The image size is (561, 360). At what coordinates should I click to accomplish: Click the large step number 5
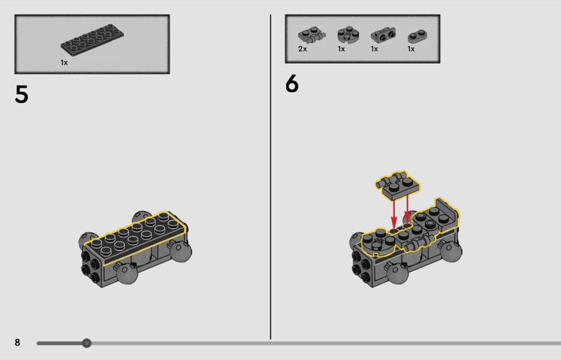(x=22, y=94)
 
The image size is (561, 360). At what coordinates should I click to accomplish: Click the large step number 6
(x=292, y=83)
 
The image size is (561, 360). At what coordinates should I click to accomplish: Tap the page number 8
(x=17, y=342)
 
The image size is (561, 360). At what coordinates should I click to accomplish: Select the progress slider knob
(x=86, y=343)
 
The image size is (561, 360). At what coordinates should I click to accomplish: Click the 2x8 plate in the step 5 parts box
(x=93, y=40)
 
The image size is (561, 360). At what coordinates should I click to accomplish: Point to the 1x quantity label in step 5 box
(x=64, y=62)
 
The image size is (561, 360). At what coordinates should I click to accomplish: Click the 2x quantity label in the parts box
(x=302, y=48)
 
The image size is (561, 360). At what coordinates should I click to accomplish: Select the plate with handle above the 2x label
(x=311, y=35)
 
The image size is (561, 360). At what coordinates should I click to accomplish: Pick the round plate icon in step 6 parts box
(x=348, y=35)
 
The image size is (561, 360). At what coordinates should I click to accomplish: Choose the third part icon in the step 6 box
(x=383, y=35)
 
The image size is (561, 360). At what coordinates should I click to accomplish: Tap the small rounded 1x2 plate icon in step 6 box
(x=417, y=36)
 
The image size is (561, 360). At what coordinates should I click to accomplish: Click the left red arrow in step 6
(x=394, y=213)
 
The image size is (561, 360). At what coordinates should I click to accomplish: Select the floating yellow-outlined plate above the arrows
(x=397, y=185)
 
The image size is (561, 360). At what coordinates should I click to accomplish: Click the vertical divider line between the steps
(x=271, y=177)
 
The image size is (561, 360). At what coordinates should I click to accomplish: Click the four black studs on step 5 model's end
(x=90, y=267)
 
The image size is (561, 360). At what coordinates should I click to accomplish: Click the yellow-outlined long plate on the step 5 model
(x=135, y=238)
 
